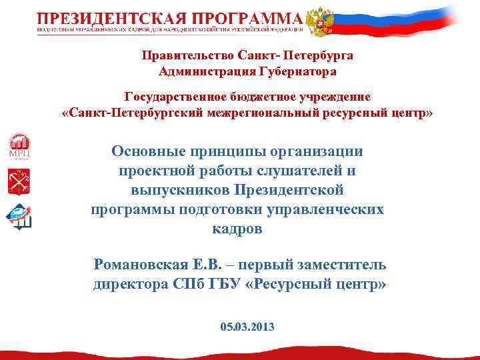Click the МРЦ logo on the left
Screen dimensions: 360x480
pyautogui.click(x=19, y=145)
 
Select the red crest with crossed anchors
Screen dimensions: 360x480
pyautogui.click(x=19, y=181)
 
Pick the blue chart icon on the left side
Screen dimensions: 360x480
pyautogui.click(x=19, y=217)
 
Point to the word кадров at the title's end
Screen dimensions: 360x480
pyautogui.click(x=237, y=229)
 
